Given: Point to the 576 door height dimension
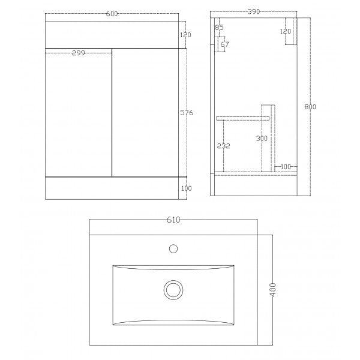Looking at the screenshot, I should [x=185, y=113].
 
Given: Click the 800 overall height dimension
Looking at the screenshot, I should [x=310, y=107].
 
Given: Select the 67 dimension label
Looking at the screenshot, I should [x=225, y=44].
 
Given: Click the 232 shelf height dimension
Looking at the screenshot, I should [x=223, y=146].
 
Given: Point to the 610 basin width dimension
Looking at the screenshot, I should [x=173, y=220].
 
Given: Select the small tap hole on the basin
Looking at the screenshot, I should [x=173, y=247].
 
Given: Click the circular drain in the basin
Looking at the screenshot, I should [x=173, y=290].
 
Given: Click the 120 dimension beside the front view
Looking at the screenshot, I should [x=185, y=34].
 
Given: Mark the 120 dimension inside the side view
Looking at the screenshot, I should [x=286, y=31].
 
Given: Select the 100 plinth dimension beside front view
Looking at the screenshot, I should [x=185, y=188].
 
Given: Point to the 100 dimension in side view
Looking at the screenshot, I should [x=285, y=166].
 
